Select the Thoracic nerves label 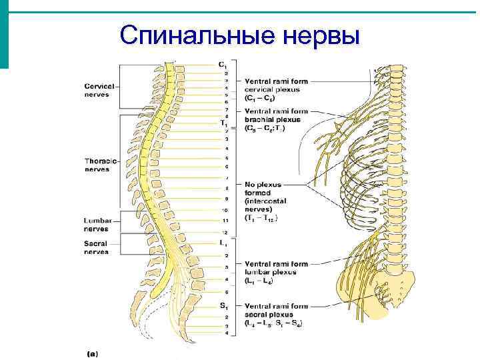101,165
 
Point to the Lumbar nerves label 99,224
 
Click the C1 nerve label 222,64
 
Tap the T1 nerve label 223,123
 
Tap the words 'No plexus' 263,184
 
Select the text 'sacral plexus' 269,315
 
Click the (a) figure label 92,353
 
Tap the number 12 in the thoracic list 225,231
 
